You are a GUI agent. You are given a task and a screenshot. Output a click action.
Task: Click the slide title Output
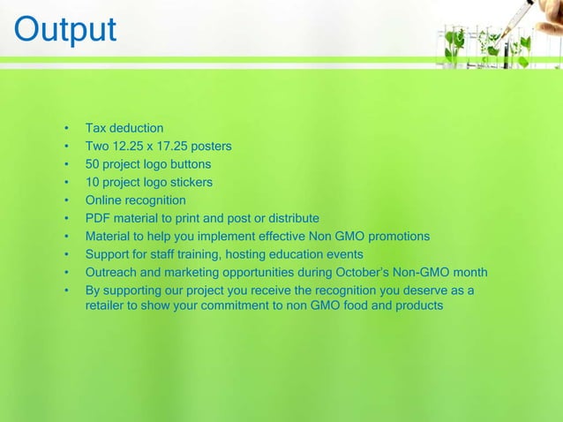pos(64,28)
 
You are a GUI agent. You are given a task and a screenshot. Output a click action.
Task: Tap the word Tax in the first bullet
pos(96,129)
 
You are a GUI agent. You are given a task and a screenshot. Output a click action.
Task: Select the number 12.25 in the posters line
pos(131,147)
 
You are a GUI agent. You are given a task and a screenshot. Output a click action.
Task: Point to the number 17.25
pos(175,147)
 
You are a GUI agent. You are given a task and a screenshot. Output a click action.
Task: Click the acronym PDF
pos(97,218)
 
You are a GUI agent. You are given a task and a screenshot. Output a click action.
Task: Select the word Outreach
pos(112,272)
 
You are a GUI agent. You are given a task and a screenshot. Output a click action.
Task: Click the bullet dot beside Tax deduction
pos(66,129)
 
